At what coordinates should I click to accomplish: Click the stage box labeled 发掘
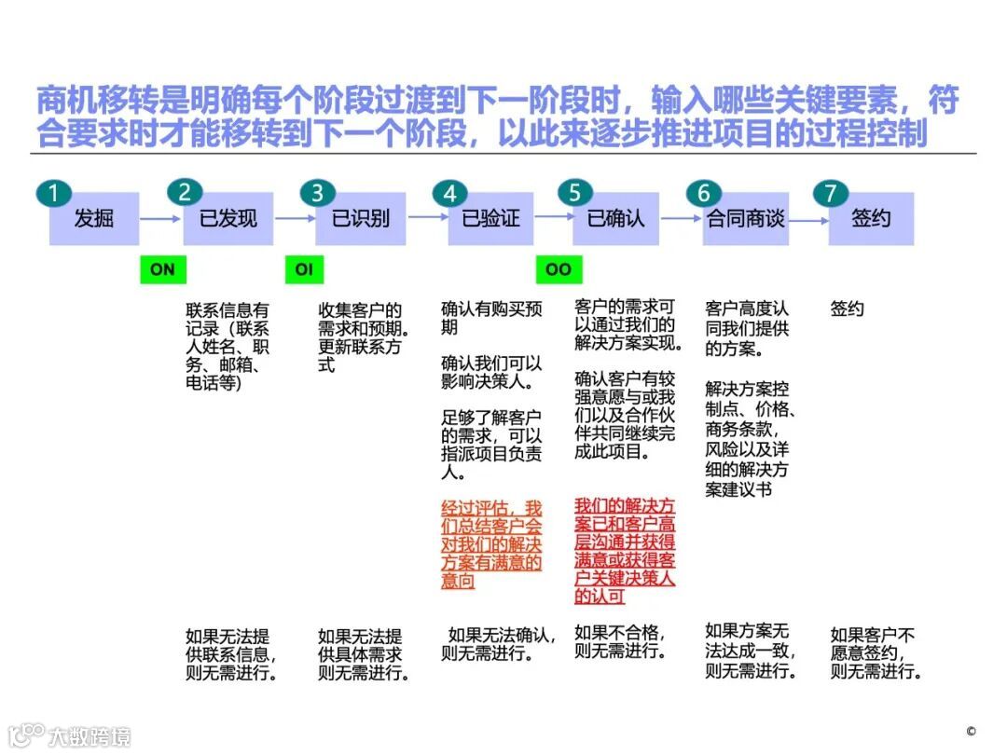click(94, 219)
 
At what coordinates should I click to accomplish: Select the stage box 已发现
click(228, 219)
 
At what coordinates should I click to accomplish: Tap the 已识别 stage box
click(360, 219)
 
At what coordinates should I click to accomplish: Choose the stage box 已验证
click(490, 219)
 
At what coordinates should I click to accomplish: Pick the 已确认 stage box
click(615, 219)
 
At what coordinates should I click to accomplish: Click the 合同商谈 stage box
click(746, 219)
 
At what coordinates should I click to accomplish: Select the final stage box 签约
click(871, 219)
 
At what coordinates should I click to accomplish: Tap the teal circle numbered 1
click(54, 193)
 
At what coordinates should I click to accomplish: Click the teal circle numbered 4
click(450, 193)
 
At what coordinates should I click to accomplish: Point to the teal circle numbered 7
click(830, 193)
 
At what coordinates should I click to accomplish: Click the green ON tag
click(162, 269)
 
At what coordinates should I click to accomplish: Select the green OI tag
click(304, 269)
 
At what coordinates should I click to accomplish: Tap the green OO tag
click(558, 269)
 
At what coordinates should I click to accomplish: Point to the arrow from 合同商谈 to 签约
click(808, 220)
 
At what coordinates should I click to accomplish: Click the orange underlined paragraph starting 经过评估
click(491, 545)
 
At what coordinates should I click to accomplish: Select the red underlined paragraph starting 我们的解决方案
click(625, 551)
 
